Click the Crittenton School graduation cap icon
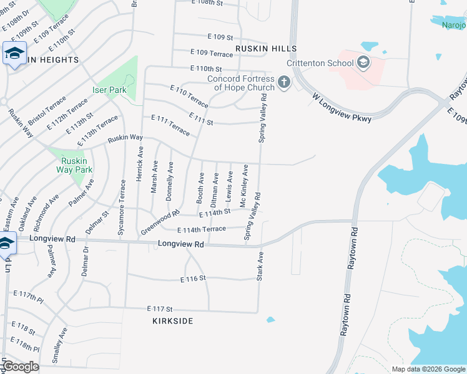point(363,62)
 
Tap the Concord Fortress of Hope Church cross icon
point(283,82)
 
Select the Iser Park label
point(110,90)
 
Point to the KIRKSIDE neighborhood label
point(172,321)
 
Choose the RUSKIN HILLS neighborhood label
point(265,48)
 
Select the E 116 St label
point(193,279)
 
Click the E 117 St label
point(159,309)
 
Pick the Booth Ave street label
point(200,187)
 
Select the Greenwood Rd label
point(160,221)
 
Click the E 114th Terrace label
point(202,229)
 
